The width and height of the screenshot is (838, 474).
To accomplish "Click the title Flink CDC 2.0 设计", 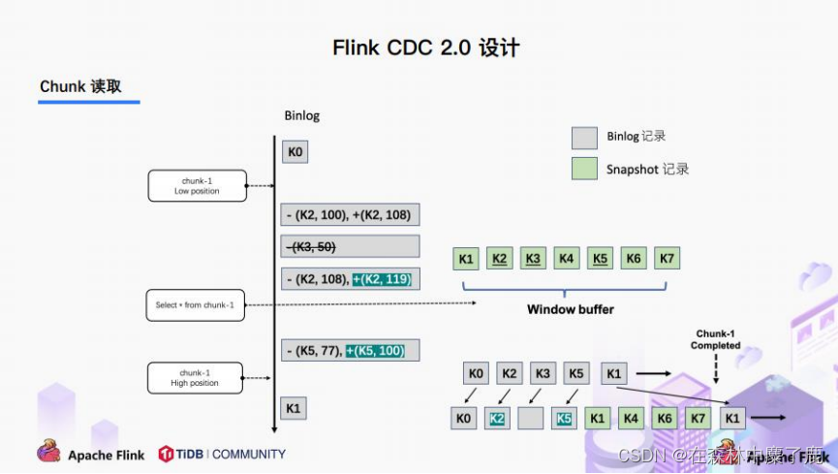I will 419,47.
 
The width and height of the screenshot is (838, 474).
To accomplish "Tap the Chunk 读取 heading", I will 80,87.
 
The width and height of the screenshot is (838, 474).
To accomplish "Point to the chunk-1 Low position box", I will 197,186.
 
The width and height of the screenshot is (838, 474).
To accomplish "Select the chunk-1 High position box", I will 197,378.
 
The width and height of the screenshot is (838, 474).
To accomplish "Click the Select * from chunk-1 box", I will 195,305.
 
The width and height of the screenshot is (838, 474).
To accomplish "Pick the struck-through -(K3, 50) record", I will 351,246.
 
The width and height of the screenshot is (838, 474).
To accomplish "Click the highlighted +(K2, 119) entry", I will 383,279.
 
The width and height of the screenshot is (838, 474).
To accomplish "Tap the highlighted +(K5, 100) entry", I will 375,350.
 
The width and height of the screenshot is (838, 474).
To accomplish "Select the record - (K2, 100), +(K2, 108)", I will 351,214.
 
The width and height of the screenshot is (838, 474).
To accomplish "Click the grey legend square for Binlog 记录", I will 584,137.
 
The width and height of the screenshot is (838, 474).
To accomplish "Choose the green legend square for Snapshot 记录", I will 584,169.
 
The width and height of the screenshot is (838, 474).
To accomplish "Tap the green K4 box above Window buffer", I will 566,259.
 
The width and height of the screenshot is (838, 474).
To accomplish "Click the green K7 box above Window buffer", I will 667,259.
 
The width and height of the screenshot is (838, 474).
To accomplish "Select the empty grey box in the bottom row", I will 531,419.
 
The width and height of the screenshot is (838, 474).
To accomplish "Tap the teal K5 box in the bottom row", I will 565,419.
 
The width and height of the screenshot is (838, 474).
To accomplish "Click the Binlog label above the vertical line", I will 301,115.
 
